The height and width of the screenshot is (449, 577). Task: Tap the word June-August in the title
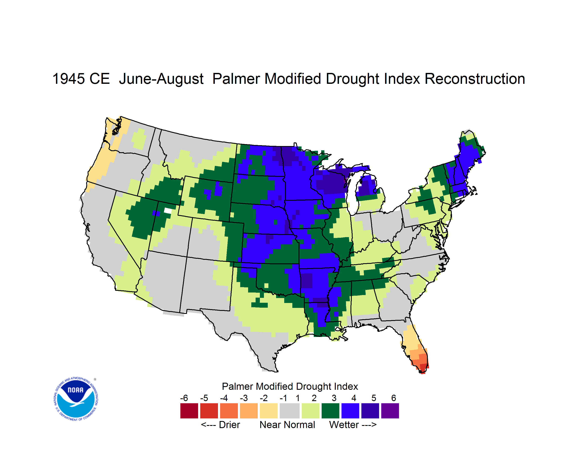coord(161,79)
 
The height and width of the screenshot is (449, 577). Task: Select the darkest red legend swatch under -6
coord(189,411)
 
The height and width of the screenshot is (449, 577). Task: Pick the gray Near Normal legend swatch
coord(290,411)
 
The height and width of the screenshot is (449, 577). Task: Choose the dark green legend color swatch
coord(330,411)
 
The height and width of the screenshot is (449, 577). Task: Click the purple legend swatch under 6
coord(390,411)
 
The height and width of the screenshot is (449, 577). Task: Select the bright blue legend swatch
coord(350,411)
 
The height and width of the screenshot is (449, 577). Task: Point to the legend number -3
coord(244,398)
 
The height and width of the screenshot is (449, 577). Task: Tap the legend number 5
coord(374,398)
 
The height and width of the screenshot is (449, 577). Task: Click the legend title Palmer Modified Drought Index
coord(290,386)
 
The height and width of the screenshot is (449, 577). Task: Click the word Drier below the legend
coord(229,425)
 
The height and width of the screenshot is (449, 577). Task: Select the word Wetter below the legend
coord(344,425)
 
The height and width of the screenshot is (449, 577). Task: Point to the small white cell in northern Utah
coord(168,211)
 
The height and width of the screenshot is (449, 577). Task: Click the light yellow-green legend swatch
coord(311,411)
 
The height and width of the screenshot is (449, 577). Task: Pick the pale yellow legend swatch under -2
coord(269,411)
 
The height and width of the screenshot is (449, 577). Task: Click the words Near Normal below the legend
coord(287,425)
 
